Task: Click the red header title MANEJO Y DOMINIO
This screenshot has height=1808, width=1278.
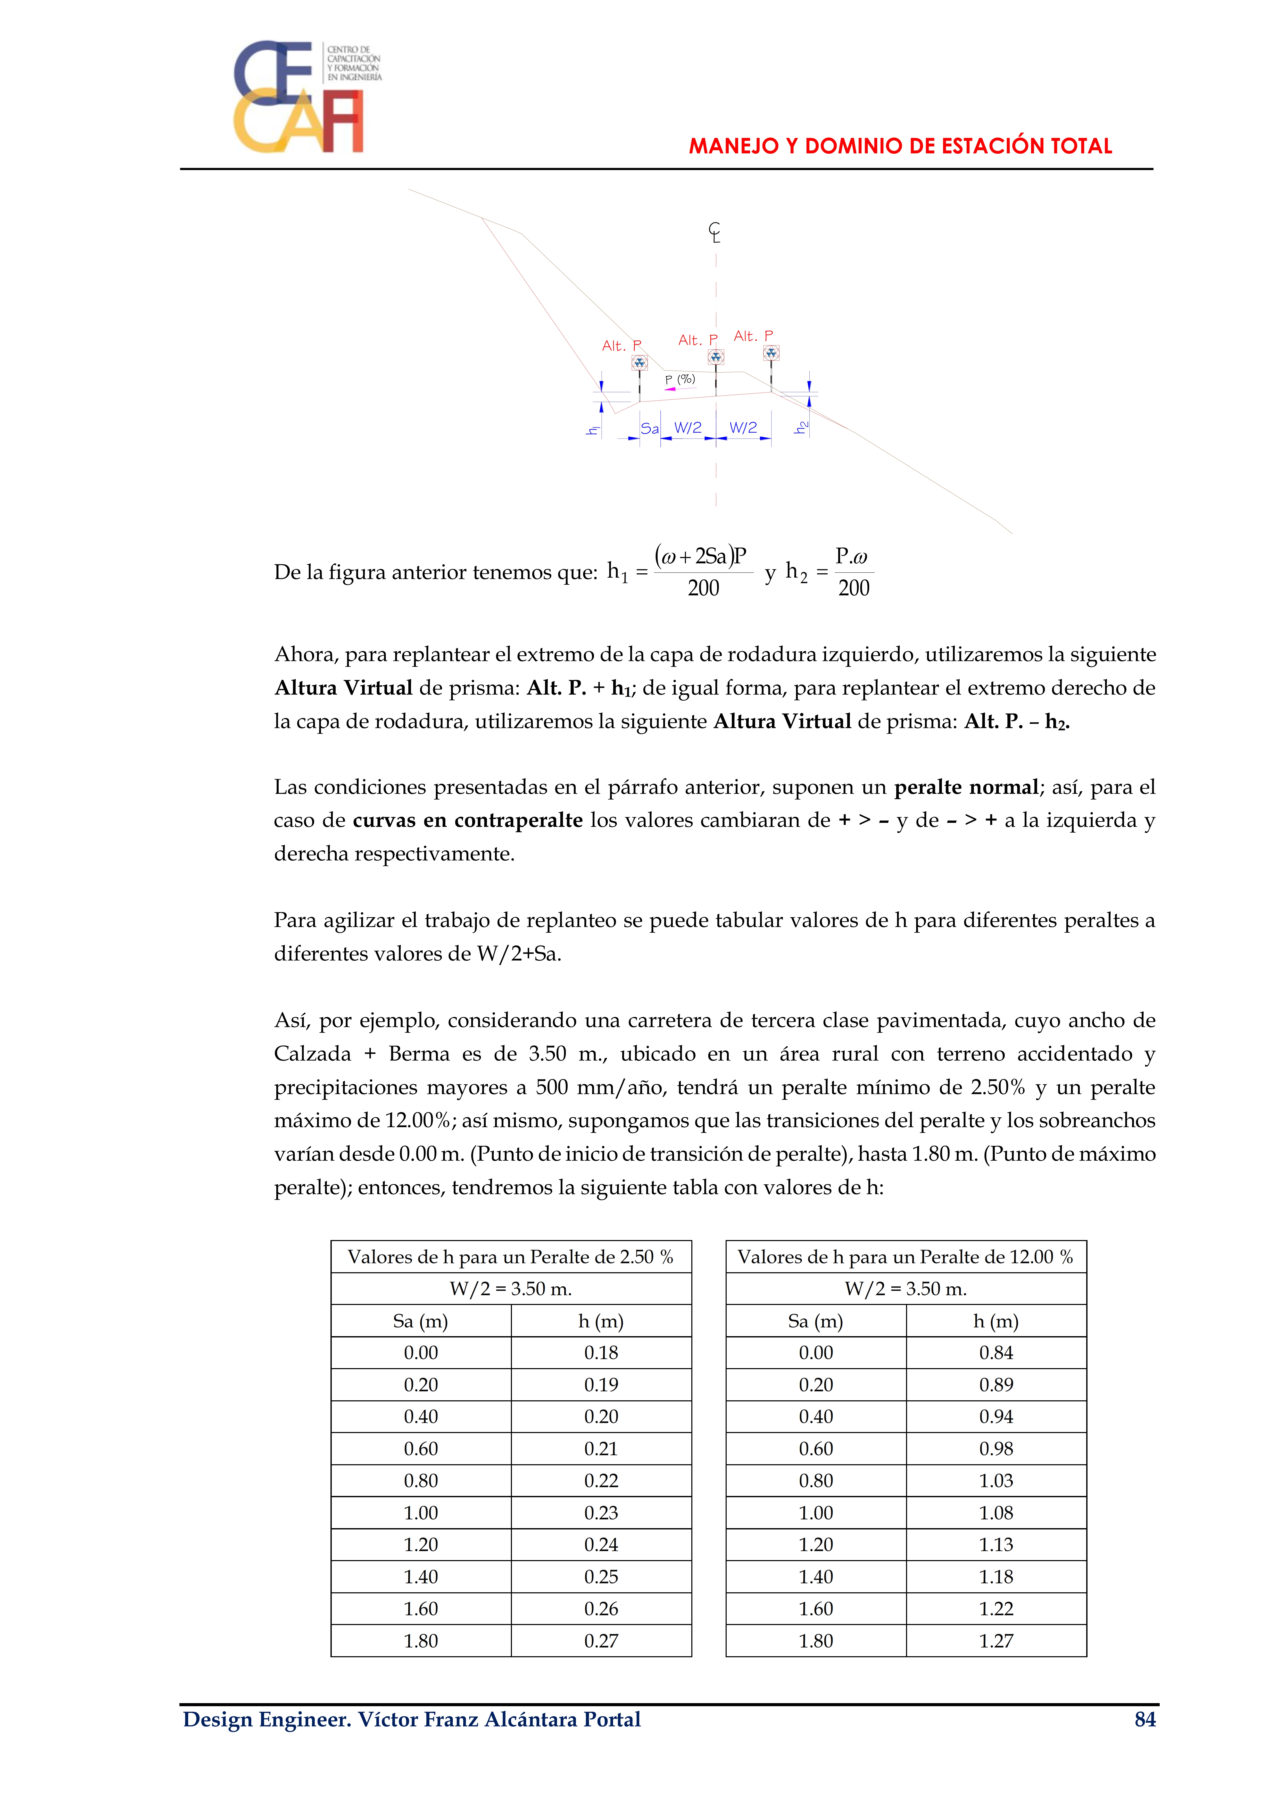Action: click(x=900, y=146)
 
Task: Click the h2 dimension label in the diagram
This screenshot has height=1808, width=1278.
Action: click(x=802, y=427)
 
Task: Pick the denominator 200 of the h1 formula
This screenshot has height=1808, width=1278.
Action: click(x=703, y=588)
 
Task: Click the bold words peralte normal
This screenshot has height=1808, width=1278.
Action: click(x=966, y=788)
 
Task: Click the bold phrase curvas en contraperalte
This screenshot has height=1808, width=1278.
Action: click(x=468, y=821)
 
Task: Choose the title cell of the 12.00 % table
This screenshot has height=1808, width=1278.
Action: click(x=906, y=1257)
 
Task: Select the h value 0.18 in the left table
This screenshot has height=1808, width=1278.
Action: click(x=601, y=1353)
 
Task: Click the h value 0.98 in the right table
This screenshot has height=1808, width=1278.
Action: click(x=996, y=1449)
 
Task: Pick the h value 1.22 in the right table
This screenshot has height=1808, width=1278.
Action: click(x=996, y=1609)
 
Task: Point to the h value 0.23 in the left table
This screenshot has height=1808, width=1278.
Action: click(x=601, y=1513)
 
